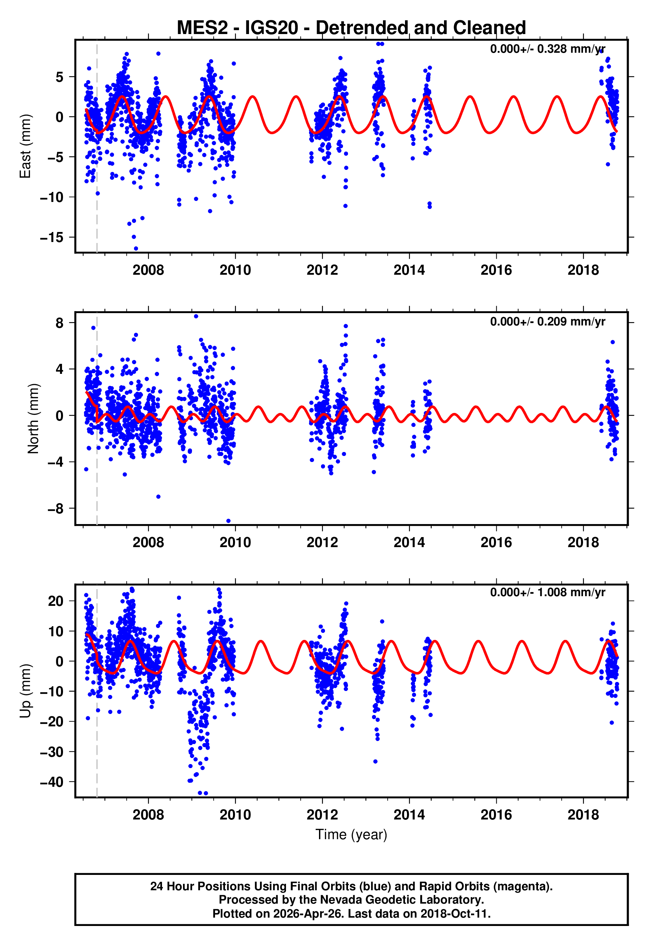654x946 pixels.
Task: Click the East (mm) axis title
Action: pyautogui.click(x=25, y=146)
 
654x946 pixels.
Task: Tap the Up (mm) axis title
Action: pyautogui.click(x=25, y=691)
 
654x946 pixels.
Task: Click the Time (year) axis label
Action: pyautogui.click(x=351, y=835)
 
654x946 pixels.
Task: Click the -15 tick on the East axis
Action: pyautogui.click(x=52, y=238)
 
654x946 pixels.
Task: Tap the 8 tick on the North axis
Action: pyautogui.click(x=60, y=323)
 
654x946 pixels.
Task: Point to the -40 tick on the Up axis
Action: pyautogui.click(x=52, y=782)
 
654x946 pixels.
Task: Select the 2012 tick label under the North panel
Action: pyautogui.click(x=322, y=542)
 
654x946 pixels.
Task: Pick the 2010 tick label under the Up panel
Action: pyautogui.click(x=235, y=815)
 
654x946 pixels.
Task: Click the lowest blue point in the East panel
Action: pyautogui.click(x=136, y=249)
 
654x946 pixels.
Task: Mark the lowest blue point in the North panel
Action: pyautogui.click(x=228, y=521)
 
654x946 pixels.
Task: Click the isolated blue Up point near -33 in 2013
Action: pyautogui.click(x=375, y=761)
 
